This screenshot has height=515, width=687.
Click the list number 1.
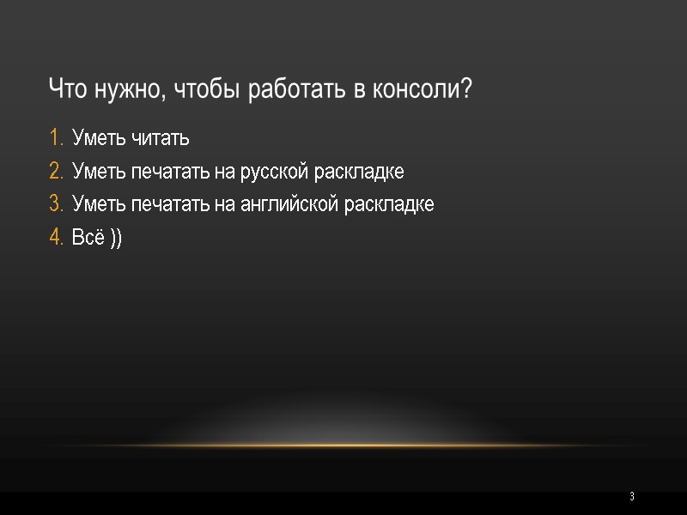coord(55,137)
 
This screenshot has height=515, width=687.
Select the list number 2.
coord(55,171)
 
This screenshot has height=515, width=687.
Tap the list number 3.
coord(55,204)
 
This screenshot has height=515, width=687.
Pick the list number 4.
coord(55,238)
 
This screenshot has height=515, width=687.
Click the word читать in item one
coord(161,137)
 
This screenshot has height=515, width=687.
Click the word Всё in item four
coord(88,238)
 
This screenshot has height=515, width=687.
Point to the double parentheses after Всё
coord(116,239)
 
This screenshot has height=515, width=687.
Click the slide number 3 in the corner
coord(631,497)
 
